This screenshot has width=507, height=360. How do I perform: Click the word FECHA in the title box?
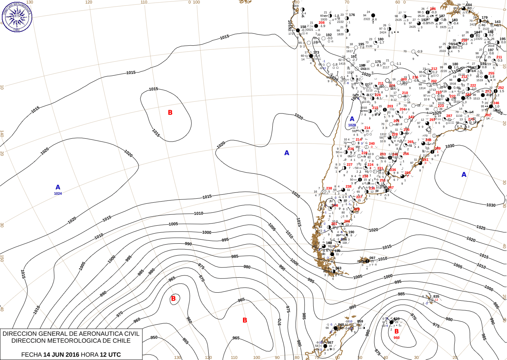tap(31, 355)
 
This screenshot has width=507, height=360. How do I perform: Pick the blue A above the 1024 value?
tap(58, 187)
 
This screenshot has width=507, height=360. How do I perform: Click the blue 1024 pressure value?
tap(58, 194)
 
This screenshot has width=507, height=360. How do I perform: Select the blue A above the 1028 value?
tap(352, 119)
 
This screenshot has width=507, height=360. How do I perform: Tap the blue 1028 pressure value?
tap(352, 125)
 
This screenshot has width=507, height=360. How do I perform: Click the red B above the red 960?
tap(397, 331)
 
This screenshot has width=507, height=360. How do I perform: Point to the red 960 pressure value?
tap(397, 338)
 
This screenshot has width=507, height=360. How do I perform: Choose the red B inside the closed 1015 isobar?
tap(170, 113)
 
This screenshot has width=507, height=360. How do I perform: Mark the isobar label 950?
tap(154, 337)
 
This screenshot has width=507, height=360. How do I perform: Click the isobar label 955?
tap(186, 341)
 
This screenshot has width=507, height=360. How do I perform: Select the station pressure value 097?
tap(372, 258)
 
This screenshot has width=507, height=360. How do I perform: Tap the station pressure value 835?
tap(436, 297)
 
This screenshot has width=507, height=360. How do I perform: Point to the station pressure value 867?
tap(330, 342)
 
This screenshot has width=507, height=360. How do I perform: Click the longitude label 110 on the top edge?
tap(144, 2)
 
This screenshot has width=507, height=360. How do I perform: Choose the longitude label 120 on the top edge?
tap(89, 2)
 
